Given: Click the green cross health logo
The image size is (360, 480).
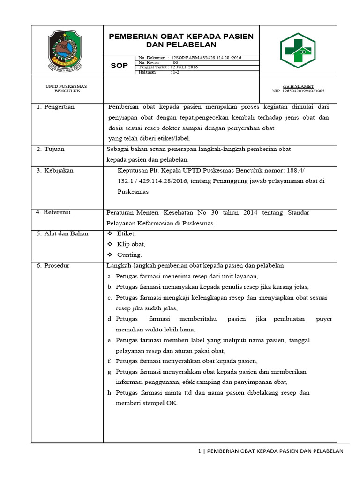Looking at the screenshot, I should tap(298, 50).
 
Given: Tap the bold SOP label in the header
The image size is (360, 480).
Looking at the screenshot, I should tap(119, 66).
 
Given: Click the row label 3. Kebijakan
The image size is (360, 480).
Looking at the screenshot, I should tap(55, 171).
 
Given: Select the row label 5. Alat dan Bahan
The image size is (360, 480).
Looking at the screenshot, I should tap(62, 233).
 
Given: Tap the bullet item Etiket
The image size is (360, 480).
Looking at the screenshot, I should tap(126, 233).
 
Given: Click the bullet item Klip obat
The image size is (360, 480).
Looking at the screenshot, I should tap(131, 244).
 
